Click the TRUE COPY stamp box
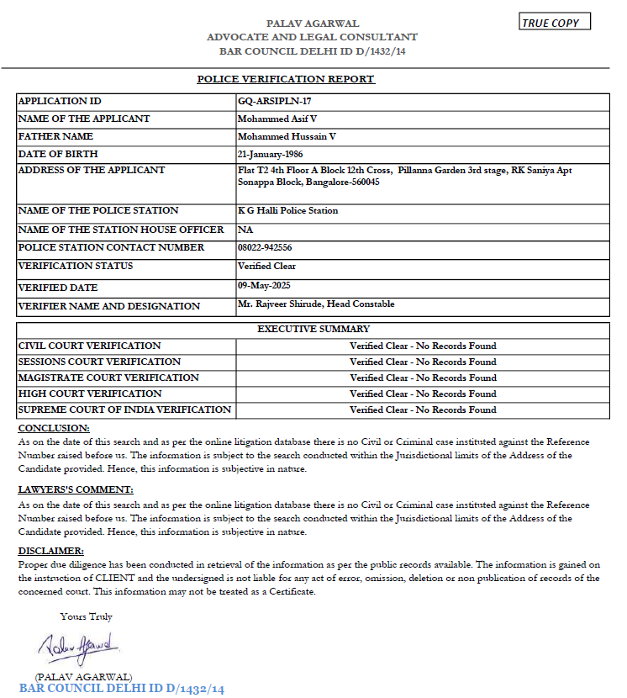click(555, 22)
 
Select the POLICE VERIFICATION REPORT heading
click(285, 79)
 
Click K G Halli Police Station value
click(287, 210)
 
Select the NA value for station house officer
click(245, 230)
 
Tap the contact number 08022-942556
click(271, 247)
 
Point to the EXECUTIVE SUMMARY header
click(313, 329)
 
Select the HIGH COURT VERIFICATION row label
click(90, 394)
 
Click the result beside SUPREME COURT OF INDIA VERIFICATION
click(423, 410)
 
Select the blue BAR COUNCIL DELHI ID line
click(122, 689)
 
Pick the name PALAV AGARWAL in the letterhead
click(312, 24)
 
